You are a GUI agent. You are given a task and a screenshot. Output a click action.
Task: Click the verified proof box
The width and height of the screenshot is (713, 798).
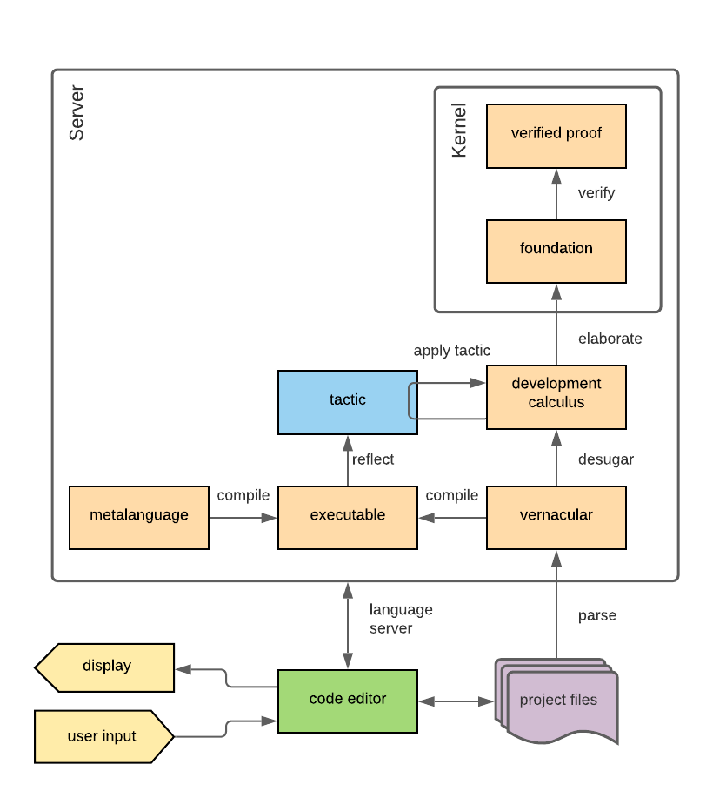pyautogui.click(x=556, y=135)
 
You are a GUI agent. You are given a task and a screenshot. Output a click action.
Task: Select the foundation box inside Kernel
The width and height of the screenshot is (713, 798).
pyautogui.click(x=556, y=251)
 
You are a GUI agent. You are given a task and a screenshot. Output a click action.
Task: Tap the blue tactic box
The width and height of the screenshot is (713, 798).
pyautogui.click(x=347, y=401)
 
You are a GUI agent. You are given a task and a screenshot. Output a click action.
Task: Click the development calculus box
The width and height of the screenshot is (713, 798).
pyautogui.click(x=556, y=397)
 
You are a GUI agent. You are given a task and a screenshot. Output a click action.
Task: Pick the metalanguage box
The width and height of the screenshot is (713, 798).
pyautogui.click(x=138, y=517)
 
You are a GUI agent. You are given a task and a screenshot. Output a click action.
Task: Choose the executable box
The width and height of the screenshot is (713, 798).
pyautogui.click(x=347, y=517)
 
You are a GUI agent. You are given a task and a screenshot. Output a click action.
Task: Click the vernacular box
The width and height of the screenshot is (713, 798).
pyautogui.click(x=556, y=517)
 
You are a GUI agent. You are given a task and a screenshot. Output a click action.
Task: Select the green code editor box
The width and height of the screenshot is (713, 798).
pyautogui.click(x=347, y=700)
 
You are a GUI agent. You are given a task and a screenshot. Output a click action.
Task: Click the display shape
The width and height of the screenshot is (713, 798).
pyautogui.click(x=106, y=667)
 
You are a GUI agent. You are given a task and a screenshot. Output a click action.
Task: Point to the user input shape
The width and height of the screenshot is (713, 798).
pyautogui.click(x=103, y=736)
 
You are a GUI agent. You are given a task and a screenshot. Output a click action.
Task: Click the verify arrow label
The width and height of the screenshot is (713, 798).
pyautogui.click(x=596, y=193)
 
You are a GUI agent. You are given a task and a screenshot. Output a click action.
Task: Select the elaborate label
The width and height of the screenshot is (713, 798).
pyautogui.click(x=610, y=339)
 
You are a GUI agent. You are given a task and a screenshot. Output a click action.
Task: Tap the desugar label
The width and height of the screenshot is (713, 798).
pyautogui.click(x=605, y=459)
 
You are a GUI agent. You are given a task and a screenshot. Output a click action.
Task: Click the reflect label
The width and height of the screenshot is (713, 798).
pyautogui.click(x=372, y=459)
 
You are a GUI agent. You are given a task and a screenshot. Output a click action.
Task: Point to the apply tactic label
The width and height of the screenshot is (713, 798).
pyautogui.click(x=451, y=351)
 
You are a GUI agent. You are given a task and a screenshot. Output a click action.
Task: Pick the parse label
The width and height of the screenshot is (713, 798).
pyautogui.click(x=596, y=615)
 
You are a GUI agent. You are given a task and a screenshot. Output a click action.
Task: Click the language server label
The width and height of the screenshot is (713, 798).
pyautogui.click(x=400, y=619)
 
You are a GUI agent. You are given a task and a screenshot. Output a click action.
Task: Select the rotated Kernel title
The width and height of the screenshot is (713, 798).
pyautogui.click(x=459, y=131)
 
